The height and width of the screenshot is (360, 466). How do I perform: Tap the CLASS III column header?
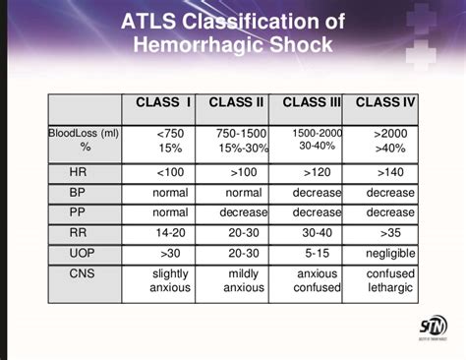(312, 102)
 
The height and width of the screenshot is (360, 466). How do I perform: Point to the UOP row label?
(83, 253)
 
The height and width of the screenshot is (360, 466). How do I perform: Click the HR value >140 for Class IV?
(390, 171)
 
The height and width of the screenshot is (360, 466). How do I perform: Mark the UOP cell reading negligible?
(390, 253)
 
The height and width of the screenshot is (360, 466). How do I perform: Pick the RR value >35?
(390, 232)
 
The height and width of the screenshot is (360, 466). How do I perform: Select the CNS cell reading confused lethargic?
(390, 280)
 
